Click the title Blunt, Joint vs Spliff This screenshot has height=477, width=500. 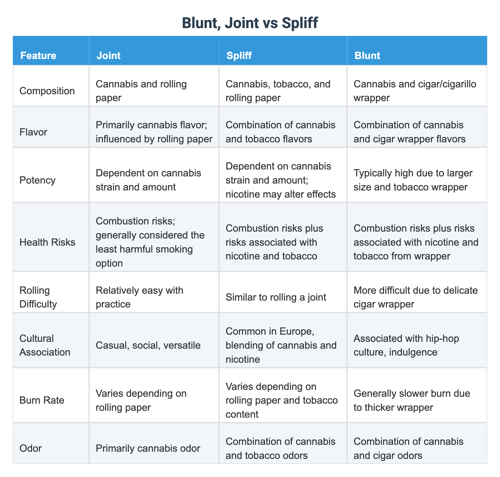pos(250,23)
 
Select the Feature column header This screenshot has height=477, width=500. pos(38,56)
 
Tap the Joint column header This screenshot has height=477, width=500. pos(108,56)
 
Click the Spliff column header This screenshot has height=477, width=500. pos(239,56)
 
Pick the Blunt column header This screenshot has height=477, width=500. pos(367,56)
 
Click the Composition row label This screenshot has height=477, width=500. pos(47,91)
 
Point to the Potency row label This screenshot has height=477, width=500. pos(37,180)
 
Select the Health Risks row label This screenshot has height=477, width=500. pos(47,242)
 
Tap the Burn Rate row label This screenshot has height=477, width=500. pos(42,400)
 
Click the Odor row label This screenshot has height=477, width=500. pos(30,448)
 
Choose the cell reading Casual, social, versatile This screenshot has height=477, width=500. pos(148,345)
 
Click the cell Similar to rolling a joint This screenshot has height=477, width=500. pos(276,297)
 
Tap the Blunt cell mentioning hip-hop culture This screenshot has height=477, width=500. pos(406,345)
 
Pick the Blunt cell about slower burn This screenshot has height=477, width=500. pos(412,400)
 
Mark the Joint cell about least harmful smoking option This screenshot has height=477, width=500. pos(150,242)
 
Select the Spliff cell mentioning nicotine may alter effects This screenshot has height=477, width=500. pos(280,180)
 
